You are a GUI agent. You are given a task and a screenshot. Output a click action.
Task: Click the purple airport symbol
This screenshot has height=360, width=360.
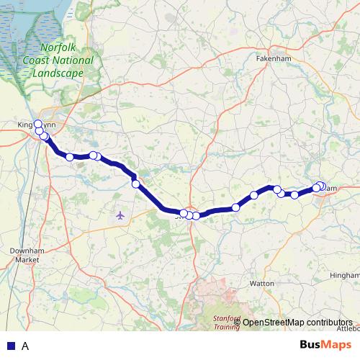[120, 215]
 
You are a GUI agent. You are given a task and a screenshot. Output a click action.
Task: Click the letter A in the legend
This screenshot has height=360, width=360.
[25, 346]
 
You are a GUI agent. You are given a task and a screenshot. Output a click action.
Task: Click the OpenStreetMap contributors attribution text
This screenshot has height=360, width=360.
[297, 322]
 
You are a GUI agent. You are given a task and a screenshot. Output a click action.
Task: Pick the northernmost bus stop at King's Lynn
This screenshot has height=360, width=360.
[37, 124]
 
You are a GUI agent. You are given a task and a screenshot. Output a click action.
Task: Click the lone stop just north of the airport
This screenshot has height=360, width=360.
[135, 184]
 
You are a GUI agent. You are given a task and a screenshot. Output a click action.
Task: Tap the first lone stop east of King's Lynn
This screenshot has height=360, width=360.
[70, 157]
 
